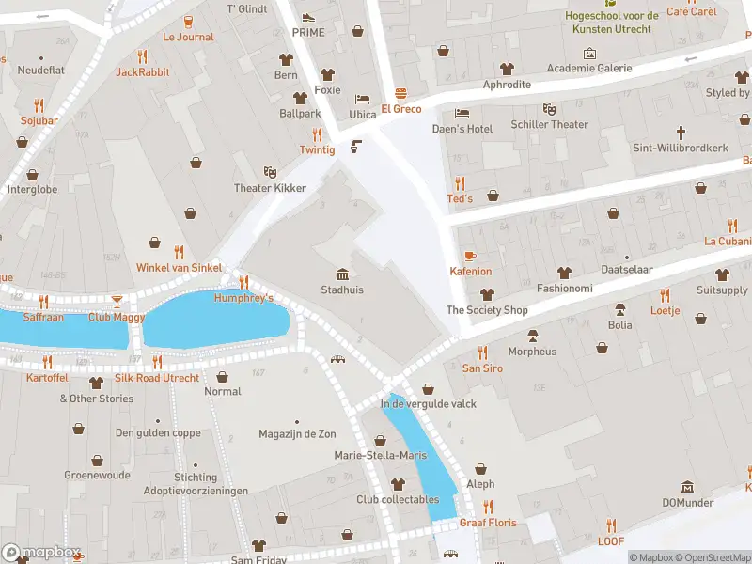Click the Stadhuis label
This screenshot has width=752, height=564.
(342, 290)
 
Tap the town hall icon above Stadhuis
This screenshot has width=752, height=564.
(342, 274)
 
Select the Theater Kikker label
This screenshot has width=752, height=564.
(270, 188)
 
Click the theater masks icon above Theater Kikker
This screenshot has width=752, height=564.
(270, 172)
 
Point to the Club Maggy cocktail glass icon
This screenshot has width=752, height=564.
(117, 301)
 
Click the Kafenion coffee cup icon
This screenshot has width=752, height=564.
(469, 256)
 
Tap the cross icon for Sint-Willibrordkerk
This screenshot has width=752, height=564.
(681, 133)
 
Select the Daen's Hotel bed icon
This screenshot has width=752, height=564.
(462, 113)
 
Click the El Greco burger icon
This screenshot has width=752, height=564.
(401, 93)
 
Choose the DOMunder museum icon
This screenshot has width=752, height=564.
(688, 487)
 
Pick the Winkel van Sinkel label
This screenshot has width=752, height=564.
(179, 268)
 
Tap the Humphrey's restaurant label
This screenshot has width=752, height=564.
(243, 298)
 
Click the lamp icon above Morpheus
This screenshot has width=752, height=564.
(532, 336)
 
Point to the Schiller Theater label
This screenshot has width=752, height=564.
(550, 125)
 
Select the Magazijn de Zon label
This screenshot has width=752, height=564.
(297, 433)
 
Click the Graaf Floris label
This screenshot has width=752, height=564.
(488, 523)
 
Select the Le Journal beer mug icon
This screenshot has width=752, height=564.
(188, 22)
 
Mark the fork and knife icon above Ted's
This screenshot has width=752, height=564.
(460, 183)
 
